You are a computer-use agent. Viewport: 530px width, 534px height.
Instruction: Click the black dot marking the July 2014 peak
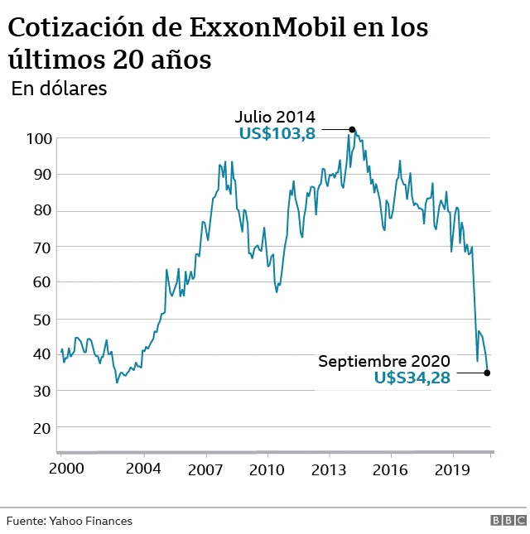coord(352,129)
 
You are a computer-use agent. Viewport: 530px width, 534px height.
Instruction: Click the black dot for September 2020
coord(487,373)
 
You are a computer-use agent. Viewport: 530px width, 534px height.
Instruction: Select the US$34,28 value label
coord(412,378)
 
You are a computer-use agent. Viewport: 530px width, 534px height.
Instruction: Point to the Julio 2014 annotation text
coord(275,116)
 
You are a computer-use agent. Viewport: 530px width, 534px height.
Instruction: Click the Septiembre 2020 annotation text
coord(384,361)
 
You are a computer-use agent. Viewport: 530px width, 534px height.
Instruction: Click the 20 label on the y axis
coord(41,428)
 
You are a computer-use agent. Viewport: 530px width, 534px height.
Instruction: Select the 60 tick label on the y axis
coord(41,282)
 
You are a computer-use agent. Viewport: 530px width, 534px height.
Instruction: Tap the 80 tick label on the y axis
coord(41,210)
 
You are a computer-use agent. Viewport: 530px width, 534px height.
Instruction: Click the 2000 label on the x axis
coord(67,469)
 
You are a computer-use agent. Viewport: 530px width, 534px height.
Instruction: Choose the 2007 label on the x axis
coord(205,469)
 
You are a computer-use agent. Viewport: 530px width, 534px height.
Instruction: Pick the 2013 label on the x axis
coord(330,469)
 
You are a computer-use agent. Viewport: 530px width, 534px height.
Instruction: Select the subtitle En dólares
coord(59,89)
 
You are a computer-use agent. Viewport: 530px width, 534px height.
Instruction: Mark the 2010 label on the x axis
coord(267,469)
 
